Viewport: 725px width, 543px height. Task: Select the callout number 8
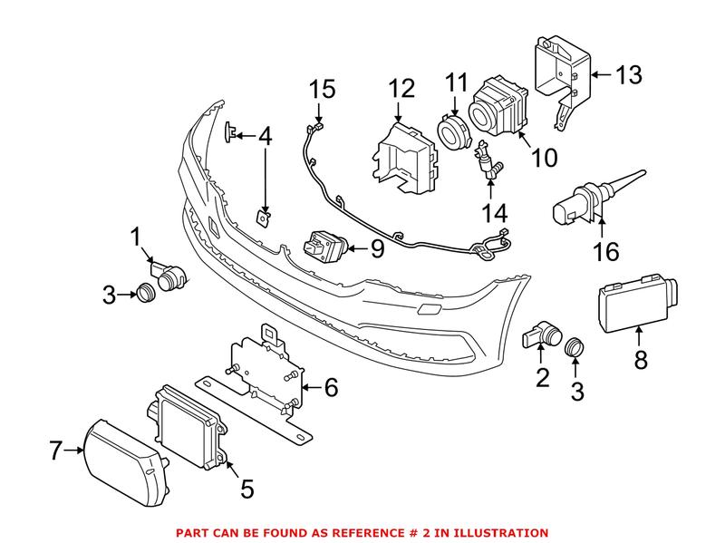(641, 361)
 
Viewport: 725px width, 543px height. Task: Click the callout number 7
(55, 447)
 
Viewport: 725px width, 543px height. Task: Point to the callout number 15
(322, 90)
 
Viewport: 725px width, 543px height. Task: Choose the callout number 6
(331, 388)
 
